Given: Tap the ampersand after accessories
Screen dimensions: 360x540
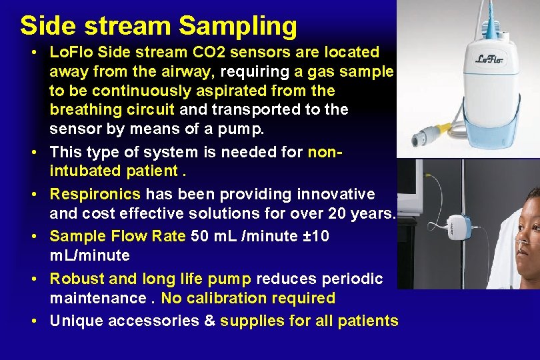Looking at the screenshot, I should [x=209, y=321].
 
